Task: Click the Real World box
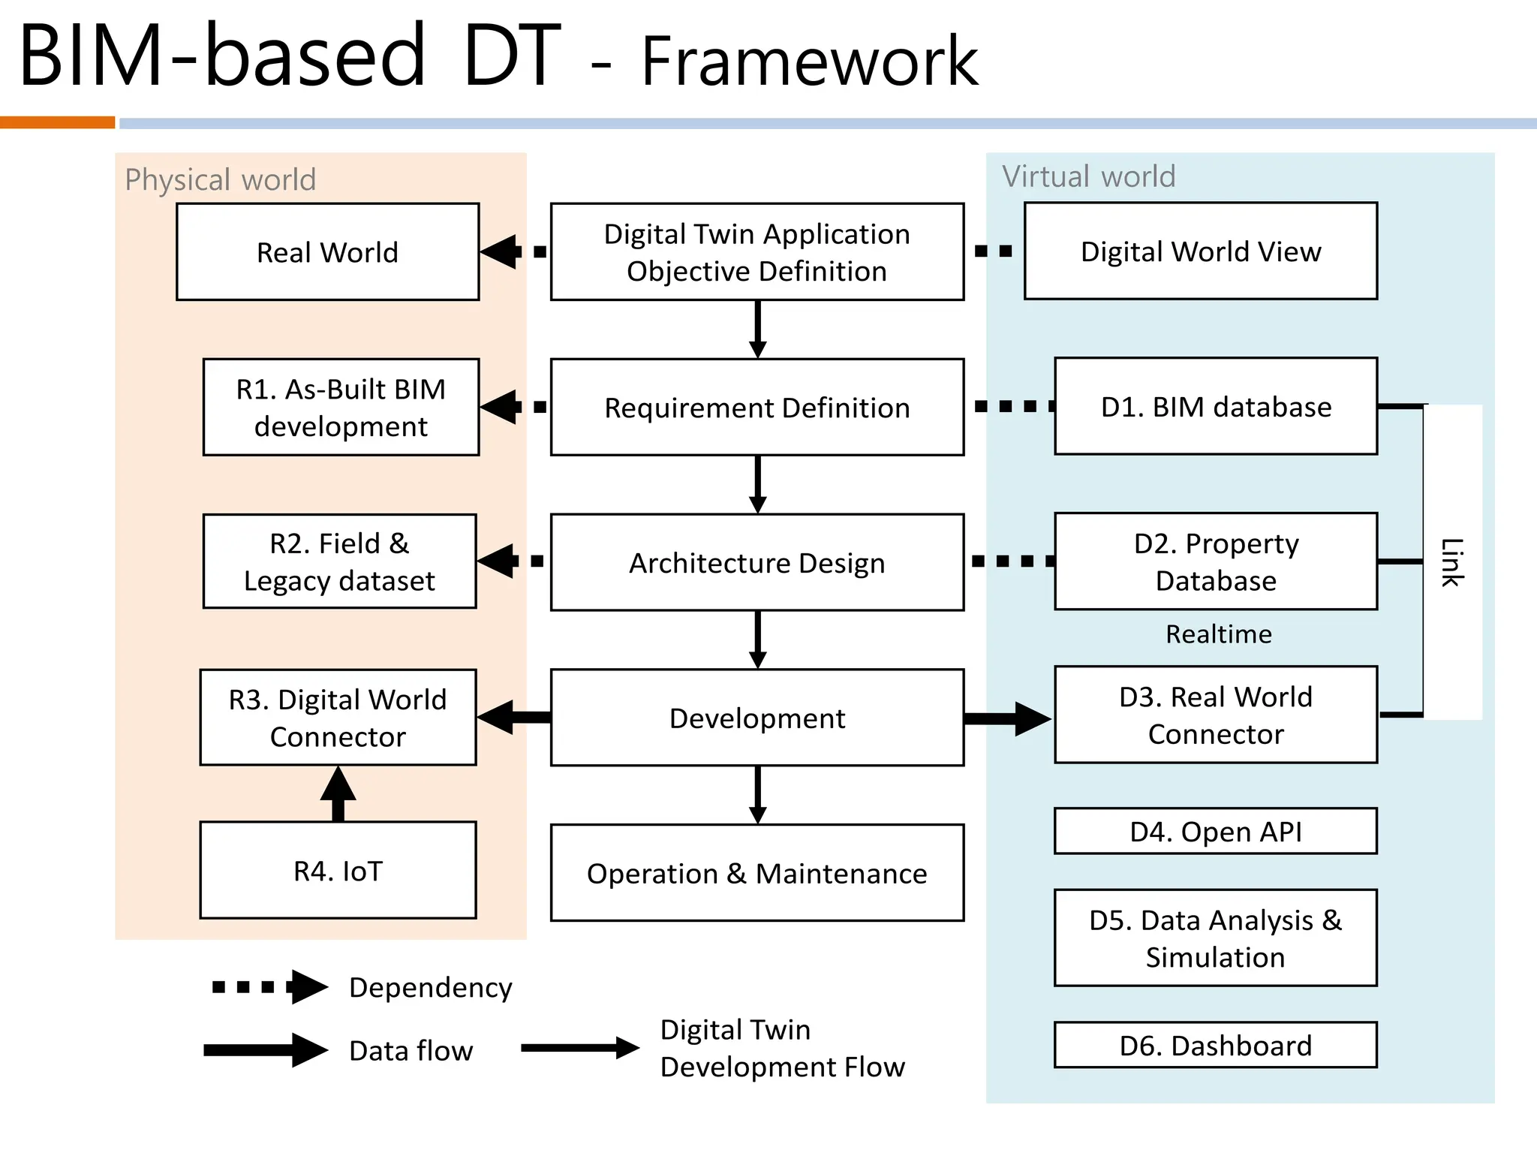[327, 252]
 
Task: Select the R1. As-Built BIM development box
[341, 408]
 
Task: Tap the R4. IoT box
[338, 871]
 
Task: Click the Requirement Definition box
[756, 408]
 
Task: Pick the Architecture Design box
[756, 563]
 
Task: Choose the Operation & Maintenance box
[756, 874]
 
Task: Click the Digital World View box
[1200, 251]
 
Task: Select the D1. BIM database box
[1215, 407]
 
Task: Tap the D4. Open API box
[1215, 832]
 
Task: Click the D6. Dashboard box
[1215, 1045]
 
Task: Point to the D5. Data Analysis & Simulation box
[1215, 938]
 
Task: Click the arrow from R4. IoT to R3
[338, 794]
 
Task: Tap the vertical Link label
[1452, 562]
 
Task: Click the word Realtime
[1218, 634]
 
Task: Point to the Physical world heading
[220, 180]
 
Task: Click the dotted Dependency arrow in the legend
[270, 987]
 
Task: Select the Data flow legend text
[411, 1051]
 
